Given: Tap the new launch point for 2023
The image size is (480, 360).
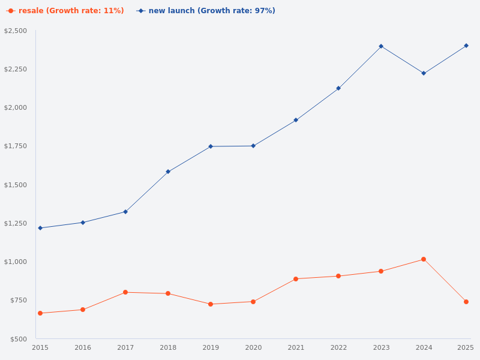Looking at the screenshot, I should pos(381,46).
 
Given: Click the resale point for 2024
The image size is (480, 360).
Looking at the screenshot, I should pos(424,259).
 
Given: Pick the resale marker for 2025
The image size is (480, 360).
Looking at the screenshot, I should pos(466,302).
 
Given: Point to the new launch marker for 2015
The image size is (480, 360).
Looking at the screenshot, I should pos(40,228).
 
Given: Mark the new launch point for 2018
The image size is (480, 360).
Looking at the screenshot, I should pos(168,172).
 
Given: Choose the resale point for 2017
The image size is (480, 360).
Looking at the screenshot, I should pos(125,292).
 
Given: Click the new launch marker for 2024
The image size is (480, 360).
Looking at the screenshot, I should pos(424,73).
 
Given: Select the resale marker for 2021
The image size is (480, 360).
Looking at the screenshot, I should pos(296,279).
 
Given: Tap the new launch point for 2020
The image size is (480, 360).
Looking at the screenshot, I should pos(253,146).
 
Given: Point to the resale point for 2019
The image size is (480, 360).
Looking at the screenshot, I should pos(211,304).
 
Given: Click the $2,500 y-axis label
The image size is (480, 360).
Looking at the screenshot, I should pos(16,31).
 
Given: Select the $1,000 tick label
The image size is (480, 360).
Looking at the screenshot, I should pos(16,262).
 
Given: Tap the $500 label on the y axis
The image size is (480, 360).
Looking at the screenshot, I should pos(17,339).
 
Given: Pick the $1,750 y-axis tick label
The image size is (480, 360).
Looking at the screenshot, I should pos(16,146).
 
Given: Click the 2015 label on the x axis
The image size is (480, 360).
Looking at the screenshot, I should pos(40,347).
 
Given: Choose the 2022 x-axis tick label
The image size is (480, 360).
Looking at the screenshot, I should pos(338,347).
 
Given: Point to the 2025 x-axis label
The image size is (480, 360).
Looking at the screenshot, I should pos(466,347).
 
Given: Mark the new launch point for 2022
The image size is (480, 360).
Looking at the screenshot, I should pos(338,88).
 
